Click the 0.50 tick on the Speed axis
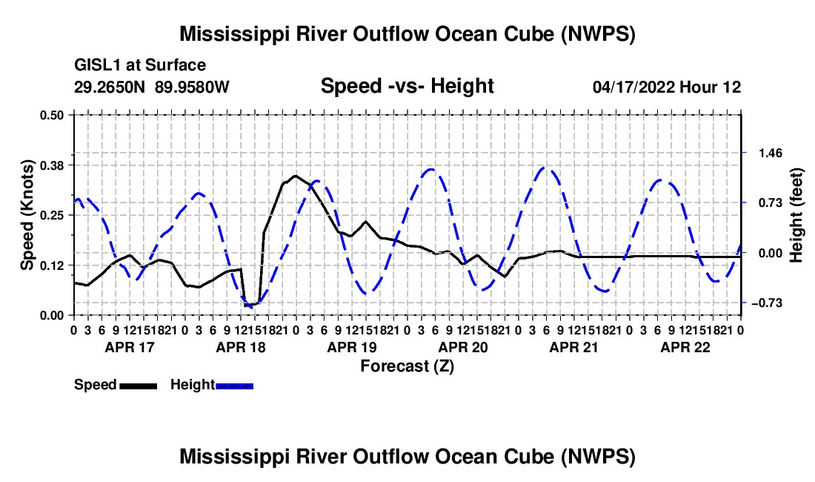(x=51, y=115)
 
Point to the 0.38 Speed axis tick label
(x=51, y=165)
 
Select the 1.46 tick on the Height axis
(x=771, y=153)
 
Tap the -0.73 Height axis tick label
(x=767, y=303)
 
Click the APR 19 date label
(x=352, y=347)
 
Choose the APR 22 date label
(x=685, y=347)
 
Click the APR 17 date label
(x=130, y=347)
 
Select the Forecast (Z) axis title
(x=407, y=366)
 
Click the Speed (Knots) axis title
(x=27, y=215)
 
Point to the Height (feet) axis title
(x=796, y=215)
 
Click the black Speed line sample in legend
(x=139, y=386)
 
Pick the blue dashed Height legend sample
(x=234, y=386)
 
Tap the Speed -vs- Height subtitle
(x=407, y=86)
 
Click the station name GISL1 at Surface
(x=140, y=65)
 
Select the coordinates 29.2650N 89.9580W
(x=151, y=87)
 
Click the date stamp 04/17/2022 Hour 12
(x=667, y=87)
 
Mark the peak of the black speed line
(x=295, y=176)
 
